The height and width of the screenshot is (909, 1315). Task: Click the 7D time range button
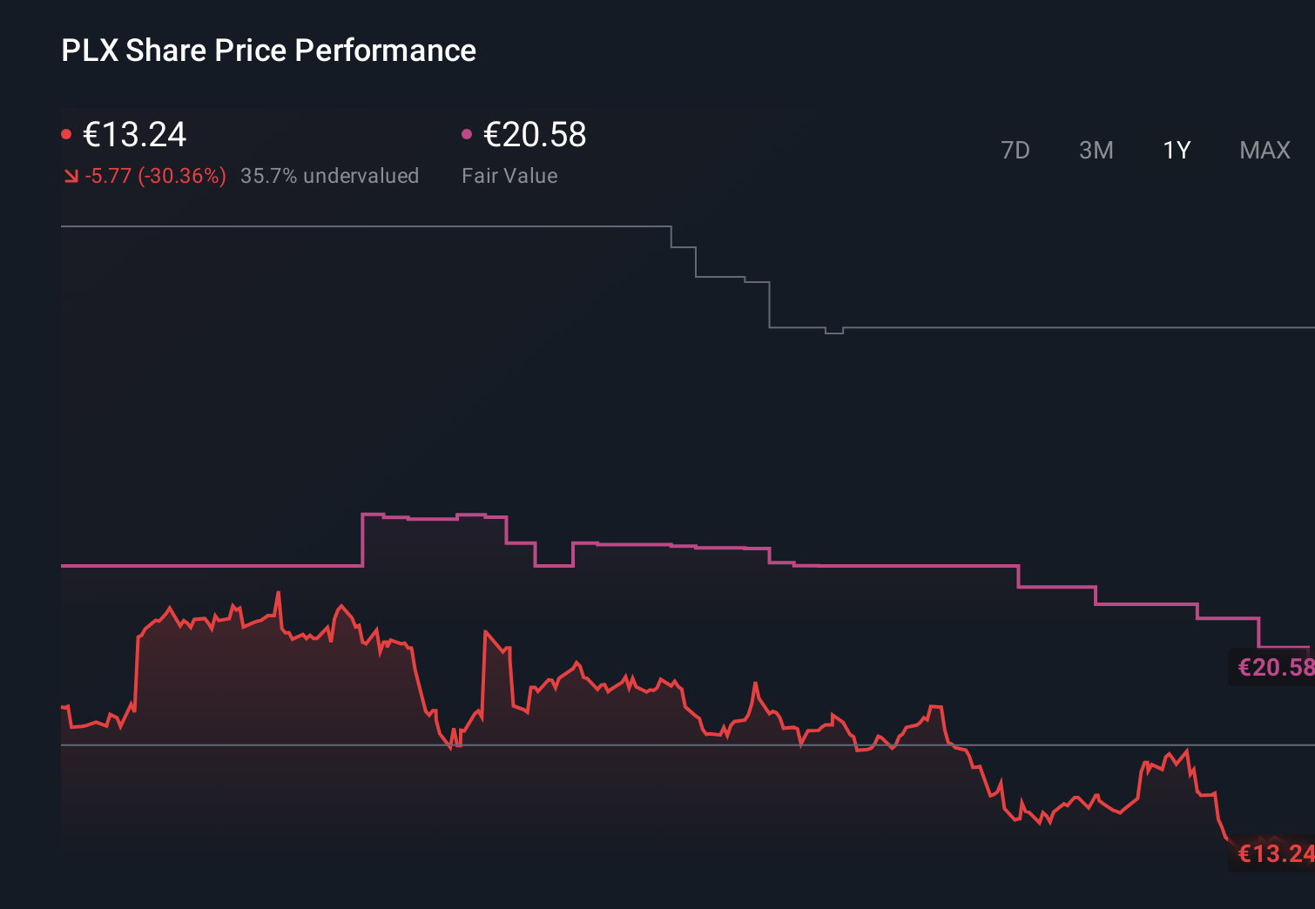pyautogui.click(x=1015, y=151)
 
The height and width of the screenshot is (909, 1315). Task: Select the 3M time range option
pyautogui.click(x=1096, y=151)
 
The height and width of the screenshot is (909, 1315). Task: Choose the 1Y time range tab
pyautogui.click(x=1177, y=151)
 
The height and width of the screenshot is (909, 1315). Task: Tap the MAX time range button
pyautogui.click(x=1264, y=151)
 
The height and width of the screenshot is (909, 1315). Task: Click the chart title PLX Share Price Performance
pyautogui.click(x=268, y=50)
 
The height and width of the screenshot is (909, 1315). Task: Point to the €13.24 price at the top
pyautogui.click(x=134, y=135)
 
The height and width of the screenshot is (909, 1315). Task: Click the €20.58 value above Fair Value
pyautogui.click(x=535, y=135)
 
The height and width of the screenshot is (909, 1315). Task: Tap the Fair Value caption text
pyautogui.click(x=509, y=176)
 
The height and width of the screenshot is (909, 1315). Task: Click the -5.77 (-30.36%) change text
pyautogui.click(x=155, y=176)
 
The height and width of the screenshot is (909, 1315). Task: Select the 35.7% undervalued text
pyautogui.click(x=329, y=176)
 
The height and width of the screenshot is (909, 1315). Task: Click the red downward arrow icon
pyautogui.click(x=71, y=176)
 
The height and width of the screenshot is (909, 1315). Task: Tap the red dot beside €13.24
pyautogui.click(x=66, y=134)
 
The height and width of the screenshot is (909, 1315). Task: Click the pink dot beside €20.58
pyautogui.click(x=467, y=134)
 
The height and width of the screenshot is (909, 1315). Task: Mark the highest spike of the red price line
pyautogui.click(x=279, y=594)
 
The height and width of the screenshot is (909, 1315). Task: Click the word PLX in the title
pyautogui.click(x=89, y=50)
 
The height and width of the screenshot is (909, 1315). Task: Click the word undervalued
pyautogui.click(x=361, y=176)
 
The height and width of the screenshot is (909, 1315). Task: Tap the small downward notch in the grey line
pyautogui.click(x=833, y=332)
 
